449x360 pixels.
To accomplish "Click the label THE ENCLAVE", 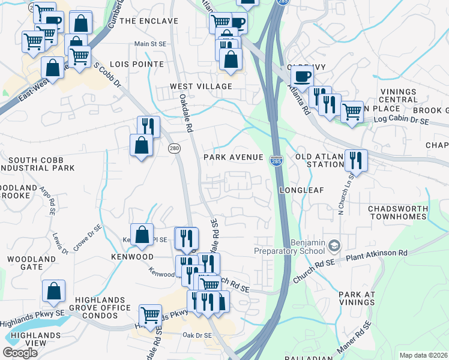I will click(149, 21).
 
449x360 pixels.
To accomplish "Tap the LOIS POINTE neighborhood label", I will click(137, 64).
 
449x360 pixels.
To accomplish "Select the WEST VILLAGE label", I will click(200, 86).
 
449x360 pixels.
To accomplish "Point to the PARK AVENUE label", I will click(234, 157).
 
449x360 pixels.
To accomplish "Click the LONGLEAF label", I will click(301, 190).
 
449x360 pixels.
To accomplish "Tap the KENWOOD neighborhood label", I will click(132, 257).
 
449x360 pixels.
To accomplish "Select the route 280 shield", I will click(174, 148).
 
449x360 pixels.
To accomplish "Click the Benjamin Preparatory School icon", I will click(335, 245).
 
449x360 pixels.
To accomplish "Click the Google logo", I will click(20, 353).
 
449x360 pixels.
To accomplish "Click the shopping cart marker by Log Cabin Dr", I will click(352, 111).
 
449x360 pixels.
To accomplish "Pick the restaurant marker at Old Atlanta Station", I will click(357, 160).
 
